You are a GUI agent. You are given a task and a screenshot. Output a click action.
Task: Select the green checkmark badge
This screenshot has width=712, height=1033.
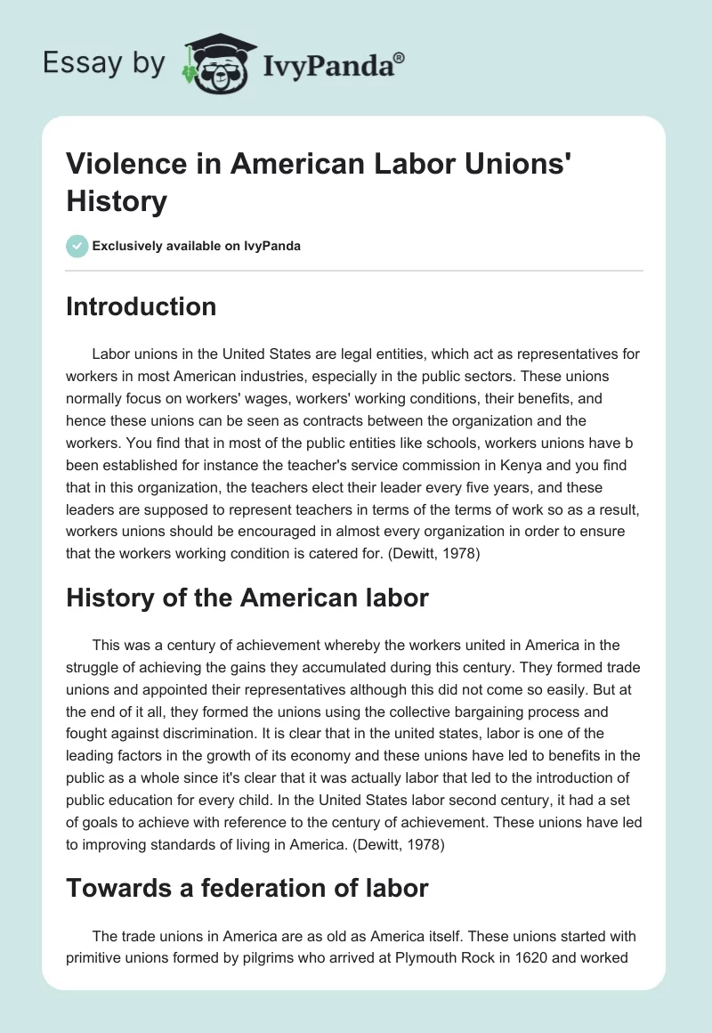77,246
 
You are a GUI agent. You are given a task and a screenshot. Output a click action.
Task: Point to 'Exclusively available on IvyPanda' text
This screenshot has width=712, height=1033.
197,246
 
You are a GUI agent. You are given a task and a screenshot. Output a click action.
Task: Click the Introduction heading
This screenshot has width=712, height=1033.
142,306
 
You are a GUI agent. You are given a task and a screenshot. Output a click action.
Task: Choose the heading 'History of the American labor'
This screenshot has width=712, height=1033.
247,598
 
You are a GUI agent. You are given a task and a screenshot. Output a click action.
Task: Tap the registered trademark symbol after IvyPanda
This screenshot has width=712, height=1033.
400,57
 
